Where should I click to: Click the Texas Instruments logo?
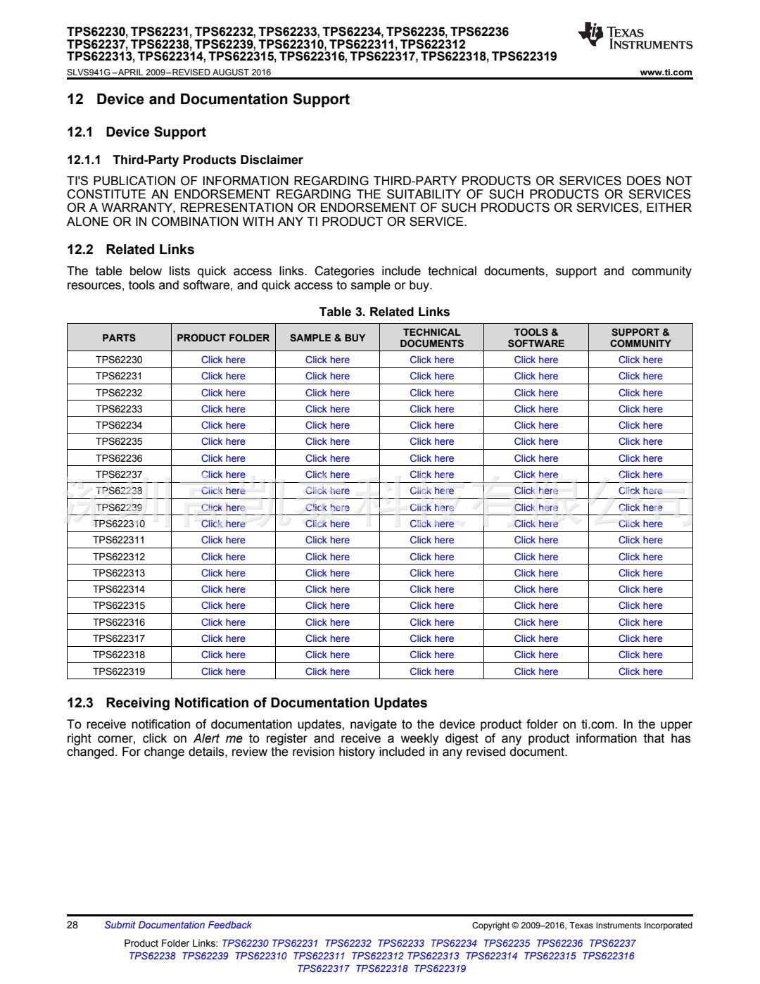click(635, 36)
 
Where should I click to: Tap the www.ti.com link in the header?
click(666, 72)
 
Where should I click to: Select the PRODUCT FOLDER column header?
click(223, 338)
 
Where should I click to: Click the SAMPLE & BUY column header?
click(327, 338)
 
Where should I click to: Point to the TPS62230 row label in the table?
click(119, 360)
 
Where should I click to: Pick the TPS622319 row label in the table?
click(119, 671)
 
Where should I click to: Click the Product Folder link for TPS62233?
click(223, 409)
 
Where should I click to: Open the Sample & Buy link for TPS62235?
click(327, 441)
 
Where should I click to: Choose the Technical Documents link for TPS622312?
click(431, 557)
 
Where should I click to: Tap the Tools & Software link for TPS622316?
click(536, 622)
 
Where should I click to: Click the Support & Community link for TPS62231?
click(640, 376)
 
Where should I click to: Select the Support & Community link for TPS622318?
click(640, 655)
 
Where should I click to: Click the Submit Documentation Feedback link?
click(177, 925)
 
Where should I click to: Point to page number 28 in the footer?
click(72, 925)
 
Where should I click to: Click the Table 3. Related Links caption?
click(384, 312)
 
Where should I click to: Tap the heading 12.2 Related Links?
click(131, 250)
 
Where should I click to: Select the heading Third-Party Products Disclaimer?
click(208, 160)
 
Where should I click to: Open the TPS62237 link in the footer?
click(612, 943)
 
